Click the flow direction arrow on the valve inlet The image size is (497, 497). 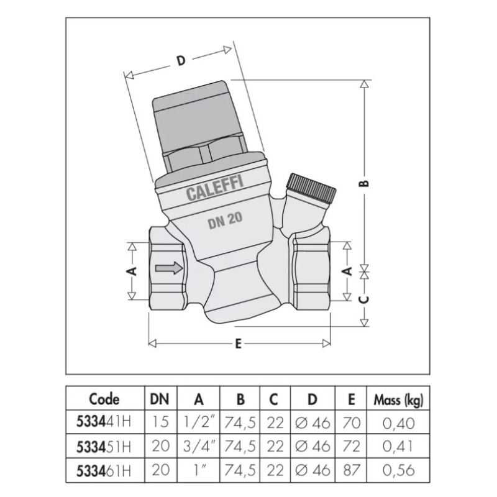click(x=170, y=269)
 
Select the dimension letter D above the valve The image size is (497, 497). click(x=181, y=61)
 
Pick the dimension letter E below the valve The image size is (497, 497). click(x=239, y=345)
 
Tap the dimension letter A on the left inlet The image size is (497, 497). click(x=131, y=271)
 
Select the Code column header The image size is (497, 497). click(x=104, y=399)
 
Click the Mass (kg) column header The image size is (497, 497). click(x=398, y=399)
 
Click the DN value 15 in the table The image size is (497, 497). click(x=161, y=423)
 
